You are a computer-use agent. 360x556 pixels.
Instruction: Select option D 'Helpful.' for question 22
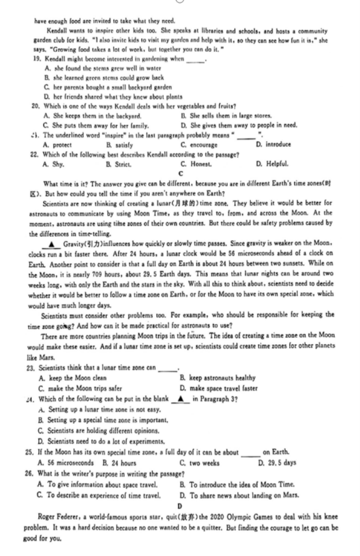click(x=271, y=163)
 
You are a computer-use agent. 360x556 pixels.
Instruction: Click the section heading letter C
click(x=181, y=173)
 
